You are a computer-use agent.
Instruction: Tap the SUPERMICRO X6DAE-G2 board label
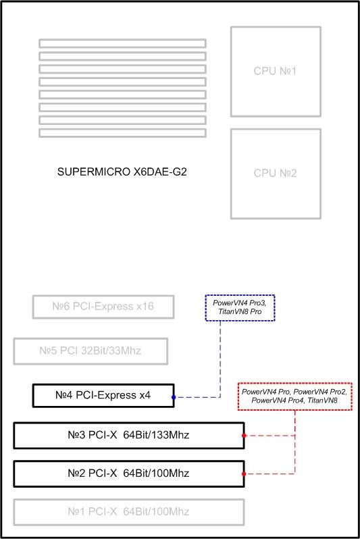[x=122, y=172]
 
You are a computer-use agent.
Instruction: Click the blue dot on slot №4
[x=174, y=397]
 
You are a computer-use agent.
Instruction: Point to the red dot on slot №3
[x=244, y=436]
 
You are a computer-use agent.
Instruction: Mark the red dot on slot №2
[x=244, y=474]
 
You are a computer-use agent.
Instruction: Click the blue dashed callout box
[x=240, y=295]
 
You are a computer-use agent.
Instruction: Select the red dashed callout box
[x=295, y=383]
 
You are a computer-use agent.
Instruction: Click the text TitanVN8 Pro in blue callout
[x=240, y=311]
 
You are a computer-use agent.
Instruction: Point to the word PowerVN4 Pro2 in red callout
[x=320, y=392]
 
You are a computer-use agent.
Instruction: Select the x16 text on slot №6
[x=145, y=306]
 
